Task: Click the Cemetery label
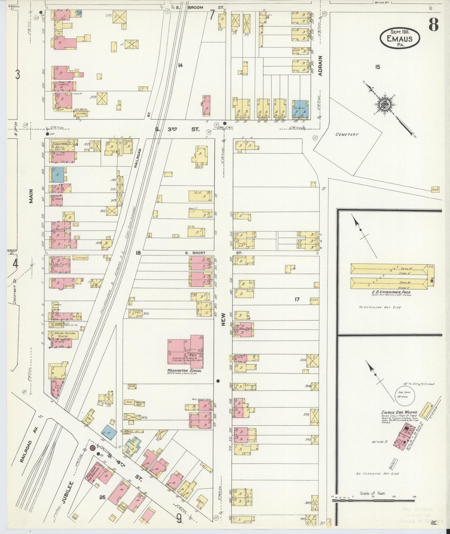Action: coord(347,134)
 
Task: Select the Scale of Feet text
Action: coord(373,493)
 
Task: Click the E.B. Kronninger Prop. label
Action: coord(391,293)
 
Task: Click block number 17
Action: coord(297,299)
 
